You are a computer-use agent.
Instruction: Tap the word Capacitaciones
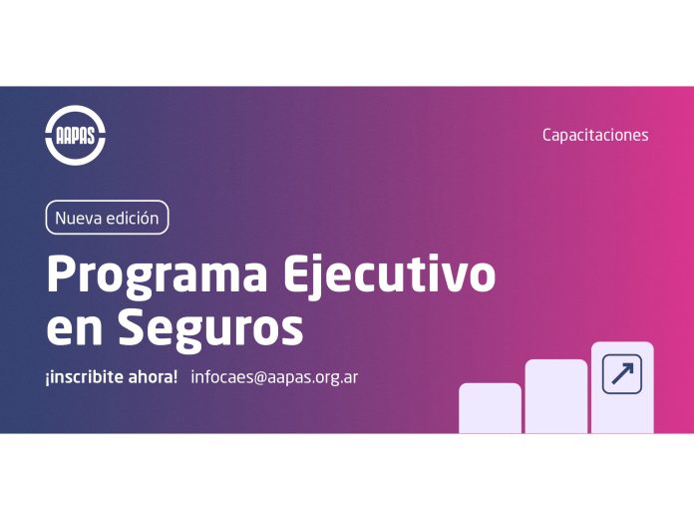[x=595, y=135]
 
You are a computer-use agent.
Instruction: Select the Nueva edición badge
[x=107, y=218]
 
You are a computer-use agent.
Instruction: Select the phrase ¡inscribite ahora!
[x=111, y=377]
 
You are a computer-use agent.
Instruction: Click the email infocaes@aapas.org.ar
[x=274, y=377]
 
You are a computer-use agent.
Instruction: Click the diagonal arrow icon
[x=622, y=374]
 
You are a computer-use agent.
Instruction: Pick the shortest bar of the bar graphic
[x=490, y=408]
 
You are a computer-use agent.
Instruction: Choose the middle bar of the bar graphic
[x=555, y=396]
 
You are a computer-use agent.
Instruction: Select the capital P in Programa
[x=61, y=274]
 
